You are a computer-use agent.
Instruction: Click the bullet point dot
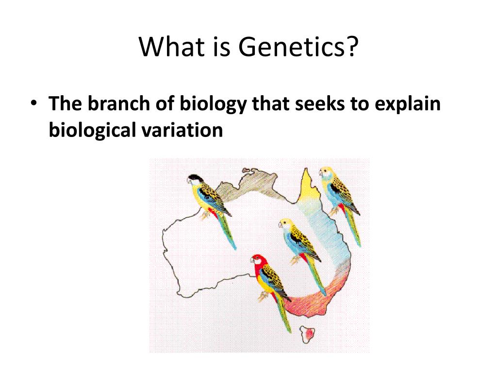(x=33, y=103)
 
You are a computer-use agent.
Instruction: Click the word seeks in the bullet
(x=319, y=104)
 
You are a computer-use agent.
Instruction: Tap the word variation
(x=182, y=130)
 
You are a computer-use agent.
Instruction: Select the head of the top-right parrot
(x=326, y=173)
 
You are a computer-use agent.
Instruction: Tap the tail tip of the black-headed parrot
(x=234, y=248)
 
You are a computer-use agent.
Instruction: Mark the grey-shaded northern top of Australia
(x=250, y=186)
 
